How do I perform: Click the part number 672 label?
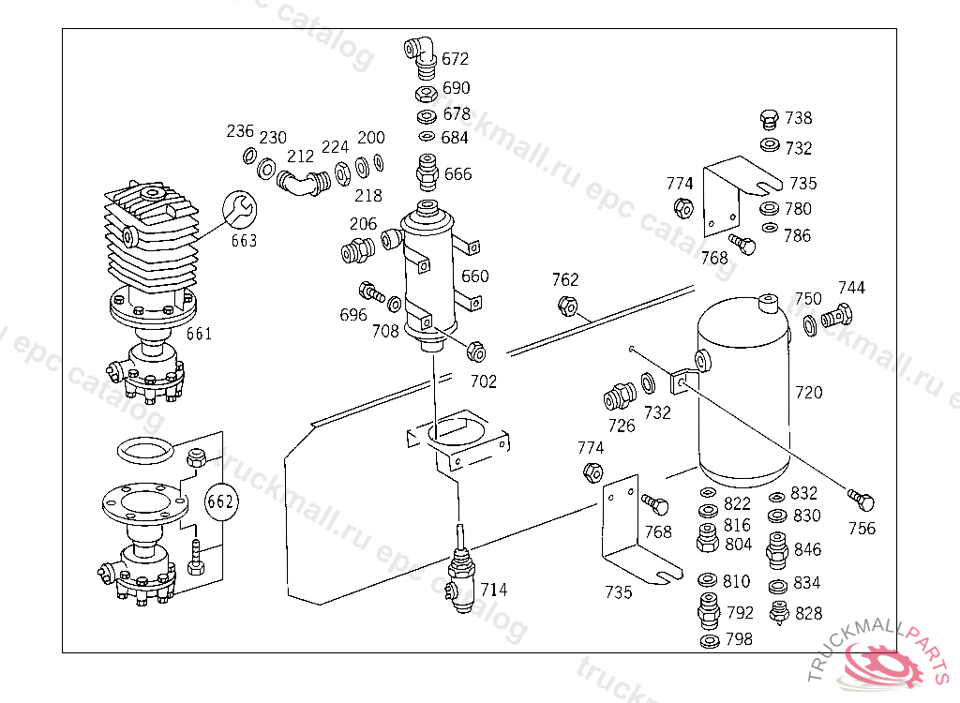coord(455,59)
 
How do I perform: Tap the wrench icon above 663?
coord(239,209)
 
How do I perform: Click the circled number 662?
coord(220,501)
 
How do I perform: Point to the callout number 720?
coord(808,392)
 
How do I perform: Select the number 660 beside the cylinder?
coord(475,277)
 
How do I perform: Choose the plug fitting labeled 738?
coord(769,119)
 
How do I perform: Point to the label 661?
coord(199,334)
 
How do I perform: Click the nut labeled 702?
coord(475,352)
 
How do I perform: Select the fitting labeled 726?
coord(620,396)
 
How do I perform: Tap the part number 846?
coord(807,549)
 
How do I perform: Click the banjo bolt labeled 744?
coord(837,316)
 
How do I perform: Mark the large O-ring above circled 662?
coord(145,451)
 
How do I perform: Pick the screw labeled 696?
coord(371,292)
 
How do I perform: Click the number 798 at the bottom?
coord(739,639)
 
